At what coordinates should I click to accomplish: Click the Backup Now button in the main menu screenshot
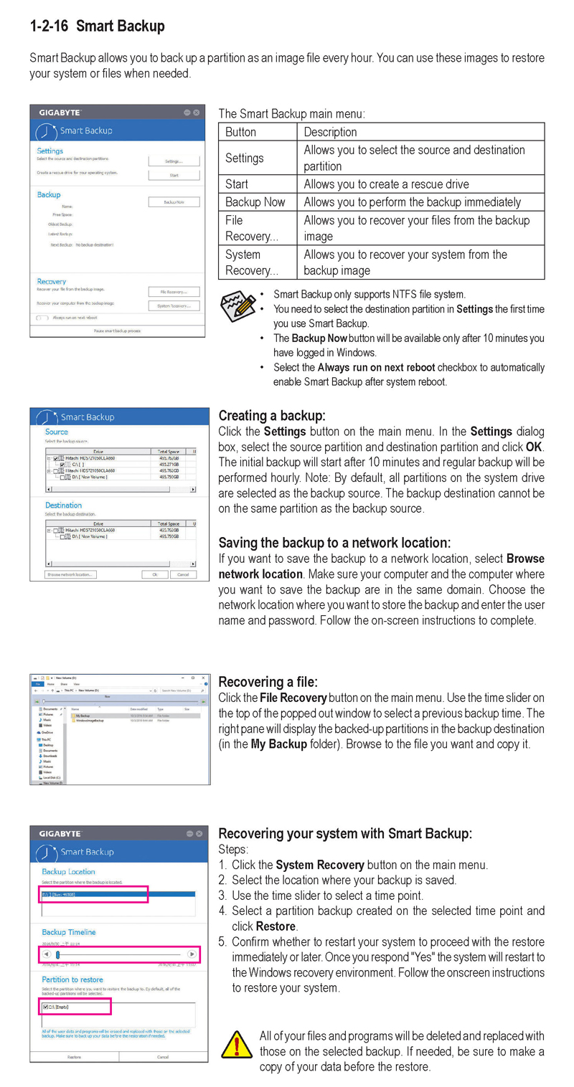[x=174, y=203]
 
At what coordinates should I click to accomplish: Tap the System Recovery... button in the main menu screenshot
[x=174, y=306]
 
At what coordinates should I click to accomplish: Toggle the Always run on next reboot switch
[x=42, y=317]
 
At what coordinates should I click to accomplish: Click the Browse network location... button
[x=70, y=574]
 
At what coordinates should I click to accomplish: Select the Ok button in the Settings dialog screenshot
[x=154, y=574]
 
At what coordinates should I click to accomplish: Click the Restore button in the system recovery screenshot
[x=74, y=1057]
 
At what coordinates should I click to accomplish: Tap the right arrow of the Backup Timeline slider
[x=192, y=954]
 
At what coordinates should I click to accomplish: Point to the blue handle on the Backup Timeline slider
[x=57, y=954]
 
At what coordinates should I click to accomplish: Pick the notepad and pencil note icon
[x=237, y=304]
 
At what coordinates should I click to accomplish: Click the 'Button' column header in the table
[x=240, y=132]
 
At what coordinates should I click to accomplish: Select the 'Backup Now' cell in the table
[x=255, y=202]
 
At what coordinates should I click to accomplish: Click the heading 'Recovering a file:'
[x=268, y=682]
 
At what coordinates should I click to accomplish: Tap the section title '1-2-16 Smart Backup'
[x=97, y=27]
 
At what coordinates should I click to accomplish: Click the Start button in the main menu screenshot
[x=174, y=175]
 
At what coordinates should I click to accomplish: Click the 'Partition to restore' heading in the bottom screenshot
[x=72, y=979]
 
